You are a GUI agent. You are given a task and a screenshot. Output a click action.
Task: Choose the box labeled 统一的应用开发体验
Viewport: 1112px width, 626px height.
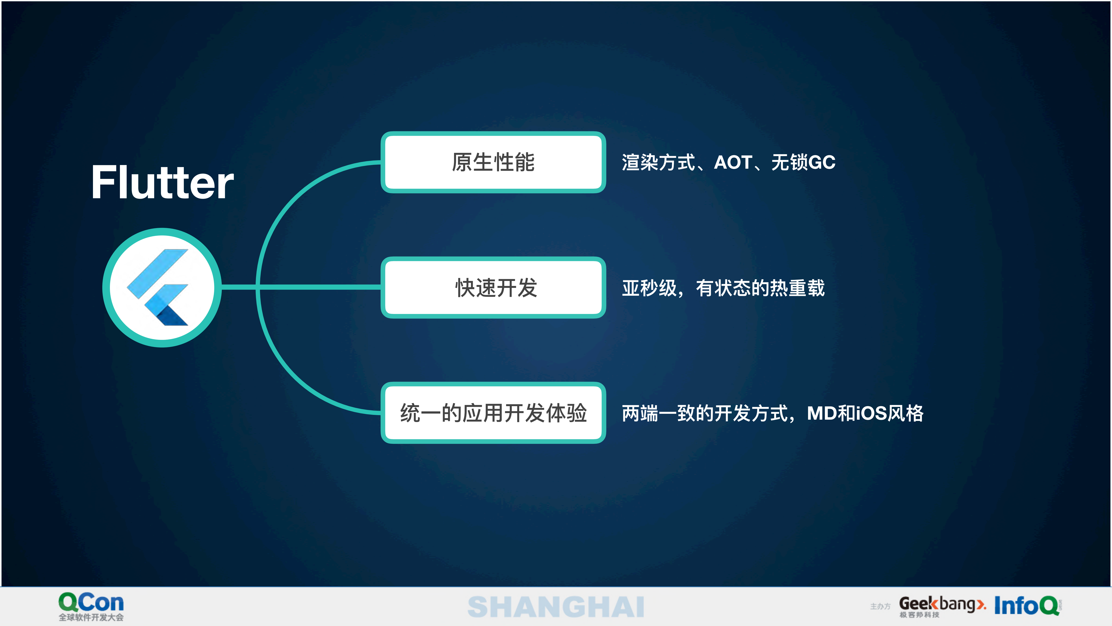tap(493, 412)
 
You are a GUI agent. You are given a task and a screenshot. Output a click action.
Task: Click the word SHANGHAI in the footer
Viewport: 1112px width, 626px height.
tap(556, 607)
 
